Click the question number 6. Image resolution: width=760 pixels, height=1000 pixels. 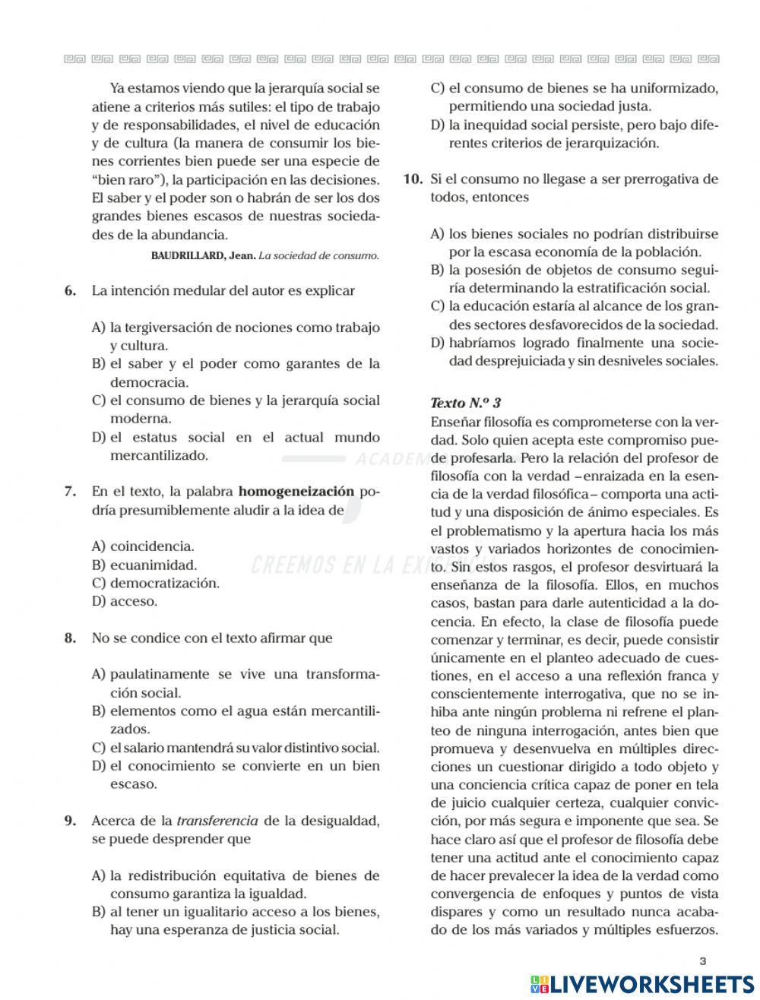[x=70, y=291]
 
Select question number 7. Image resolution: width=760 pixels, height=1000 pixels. [x=70, y=492]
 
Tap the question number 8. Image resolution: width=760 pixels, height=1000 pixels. [x=70, y=638]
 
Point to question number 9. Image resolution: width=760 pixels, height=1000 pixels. [x=70, y=821]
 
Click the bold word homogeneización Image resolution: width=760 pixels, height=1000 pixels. [x=296, y=491]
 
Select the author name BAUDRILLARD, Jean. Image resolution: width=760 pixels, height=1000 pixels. [x=203, y=255]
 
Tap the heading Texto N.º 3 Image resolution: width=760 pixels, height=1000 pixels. [x=465, y=403]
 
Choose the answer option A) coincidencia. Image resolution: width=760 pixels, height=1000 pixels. [x=143, y=546]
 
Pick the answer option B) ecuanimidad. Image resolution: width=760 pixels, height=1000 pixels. [x=144, y=565]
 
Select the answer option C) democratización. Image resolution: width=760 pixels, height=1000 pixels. [x=156, y=584]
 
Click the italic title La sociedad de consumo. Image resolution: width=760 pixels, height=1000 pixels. [x=318, y=255]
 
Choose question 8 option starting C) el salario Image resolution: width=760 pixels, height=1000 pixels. [x=236, y=748]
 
